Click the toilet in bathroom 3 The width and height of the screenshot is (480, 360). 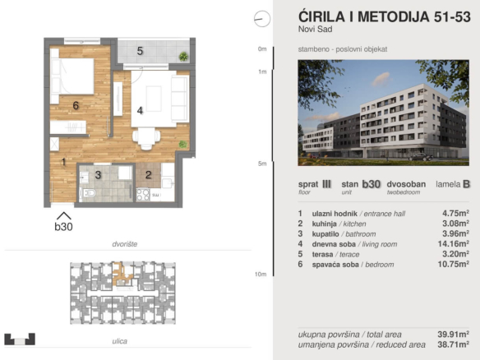click(x=88, y=193)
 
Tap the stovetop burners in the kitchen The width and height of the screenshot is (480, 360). click(x=143, y=195)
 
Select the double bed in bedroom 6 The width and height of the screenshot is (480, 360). click(x=72, y=76)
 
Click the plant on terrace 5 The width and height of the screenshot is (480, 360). click(x=183, y=57)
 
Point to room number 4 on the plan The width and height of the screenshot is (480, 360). click(x=140, y=110)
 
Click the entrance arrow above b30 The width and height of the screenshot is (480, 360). click(x=63, y=215)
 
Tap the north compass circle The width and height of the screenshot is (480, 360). click(x=262, y=19)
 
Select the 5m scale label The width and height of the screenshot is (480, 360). click(x=262, y=164)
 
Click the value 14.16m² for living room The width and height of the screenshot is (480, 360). click(x=454, y=243)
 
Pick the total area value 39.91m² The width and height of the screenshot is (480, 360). click(x=454, y=334)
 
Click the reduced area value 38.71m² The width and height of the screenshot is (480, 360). click(x=454, y=344)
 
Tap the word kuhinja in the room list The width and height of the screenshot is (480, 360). click(x=324, y=224)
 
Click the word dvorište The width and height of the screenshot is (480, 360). click(x=125, y=244)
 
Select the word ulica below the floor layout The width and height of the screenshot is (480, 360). click(x=120, y=341)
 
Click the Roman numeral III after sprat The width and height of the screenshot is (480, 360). click(x=326, y=184)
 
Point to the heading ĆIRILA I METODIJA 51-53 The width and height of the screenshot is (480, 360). click(x=384, y=16)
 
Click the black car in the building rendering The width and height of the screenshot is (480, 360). click(x=421, y=157)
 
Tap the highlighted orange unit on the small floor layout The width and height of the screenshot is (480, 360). click(x=122, y=275)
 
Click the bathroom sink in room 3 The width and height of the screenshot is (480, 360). click(x=84, y=177)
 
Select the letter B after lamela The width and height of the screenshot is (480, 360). click(x=466, y=184)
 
